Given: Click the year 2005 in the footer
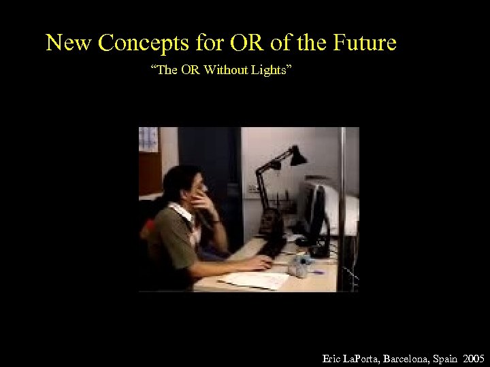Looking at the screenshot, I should click(x=472, y=357).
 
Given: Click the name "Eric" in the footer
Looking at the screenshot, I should click(x=332, y=357).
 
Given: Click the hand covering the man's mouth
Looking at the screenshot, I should click(x=202, y=200).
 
